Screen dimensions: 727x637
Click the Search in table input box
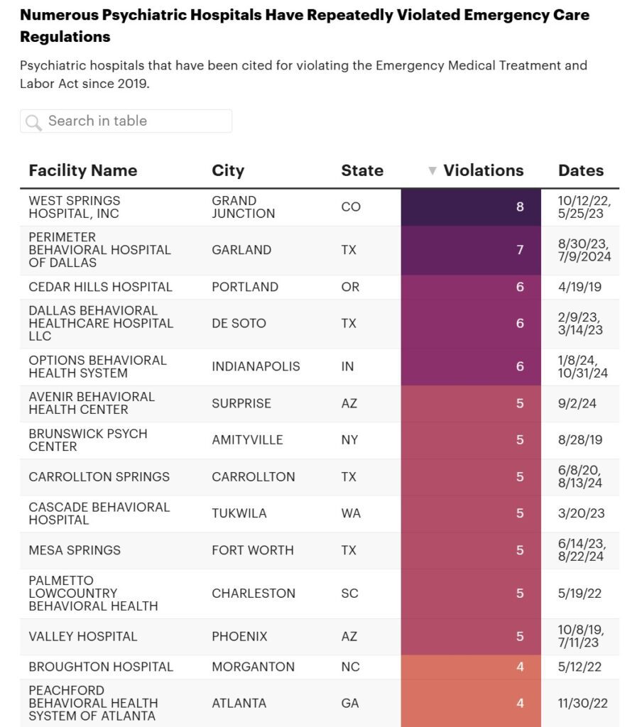tap(135, 121)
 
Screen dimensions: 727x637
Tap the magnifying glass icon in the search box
tap(33, 122)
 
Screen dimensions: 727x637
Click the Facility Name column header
tap(82, 170)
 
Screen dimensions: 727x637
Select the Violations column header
tap(483, 170)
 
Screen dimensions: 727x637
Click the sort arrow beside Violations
tap(432, 171)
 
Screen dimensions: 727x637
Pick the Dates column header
tap(581, 170)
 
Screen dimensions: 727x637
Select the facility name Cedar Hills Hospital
tap(100, 287)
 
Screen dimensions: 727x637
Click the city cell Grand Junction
tap(243, 207)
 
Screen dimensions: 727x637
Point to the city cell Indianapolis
tap(256, 366)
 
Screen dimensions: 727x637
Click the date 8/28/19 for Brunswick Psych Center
tap(580, 440)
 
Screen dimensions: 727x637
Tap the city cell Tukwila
tap(239, 513)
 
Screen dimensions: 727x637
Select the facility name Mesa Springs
tap(75, 550)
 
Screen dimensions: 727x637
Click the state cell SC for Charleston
tap(350, 594)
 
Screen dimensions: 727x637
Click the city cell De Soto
tap(239, 323)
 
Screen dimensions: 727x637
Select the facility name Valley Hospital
tap(83, 636)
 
